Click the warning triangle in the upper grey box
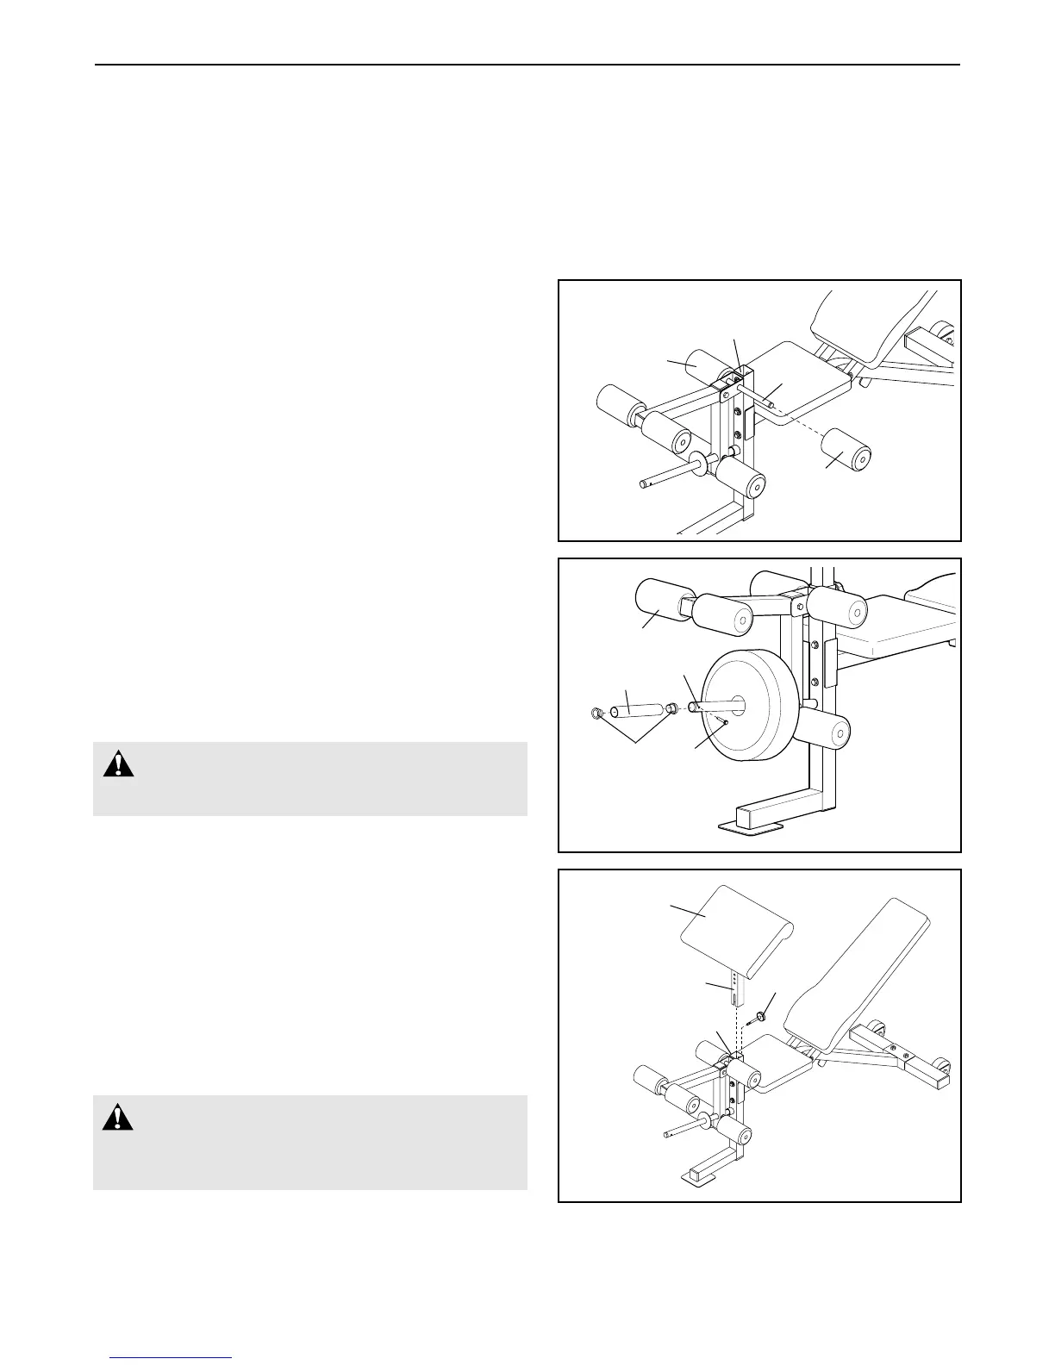tap(119, 764)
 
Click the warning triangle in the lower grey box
tap(119, 1118)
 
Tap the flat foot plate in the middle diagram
tap(750, 828)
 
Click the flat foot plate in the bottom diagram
tap(699, 1175)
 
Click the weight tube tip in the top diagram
tap(646, 483)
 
